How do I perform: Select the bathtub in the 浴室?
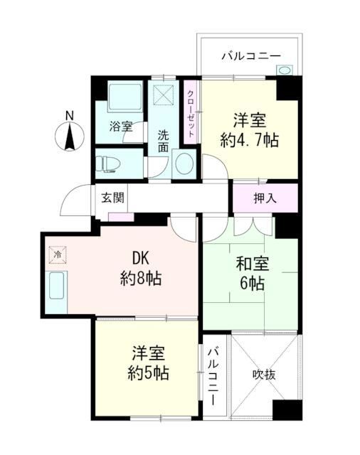pos(125,96)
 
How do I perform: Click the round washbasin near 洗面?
pos(184,164)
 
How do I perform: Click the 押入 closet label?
pos(265,197)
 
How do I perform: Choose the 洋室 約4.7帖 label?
pos(248,129)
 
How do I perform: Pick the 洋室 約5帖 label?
pos(149,362)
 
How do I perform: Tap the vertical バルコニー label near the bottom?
pos(213,375)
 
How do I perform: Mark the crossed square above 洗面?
pos(163,95)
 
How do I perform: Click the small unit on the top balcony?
pos(285,70)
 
